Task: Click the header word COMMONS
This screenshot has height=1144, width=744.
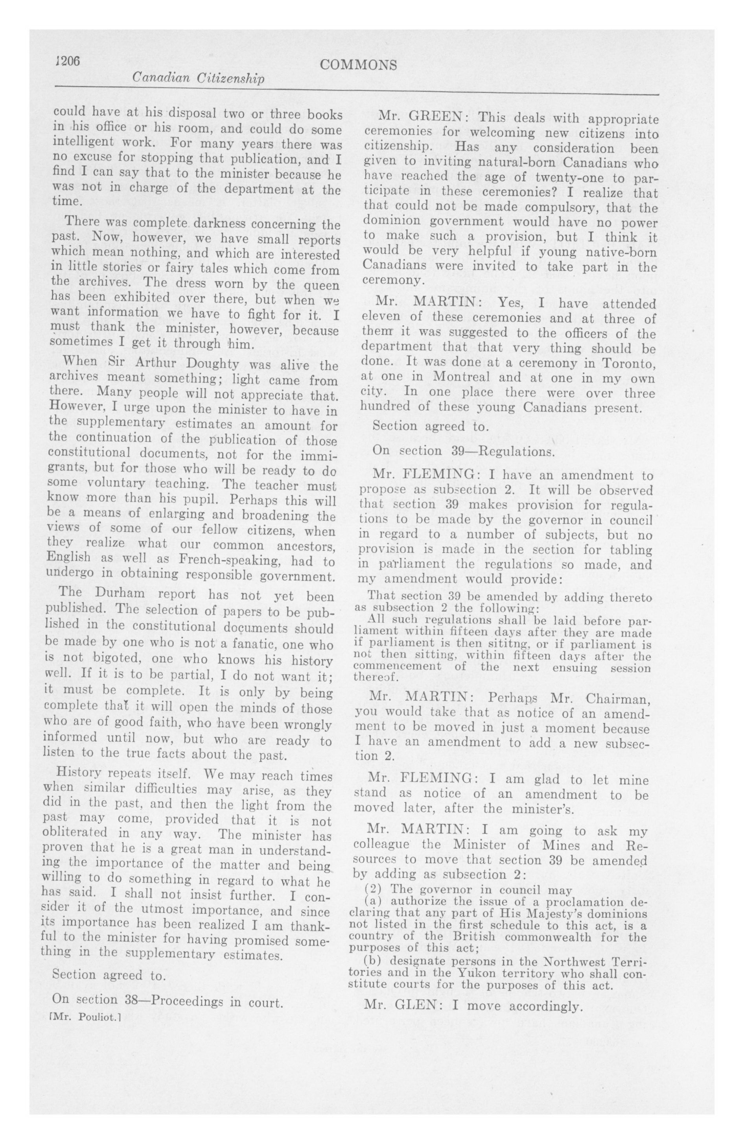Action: [358, 65]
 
